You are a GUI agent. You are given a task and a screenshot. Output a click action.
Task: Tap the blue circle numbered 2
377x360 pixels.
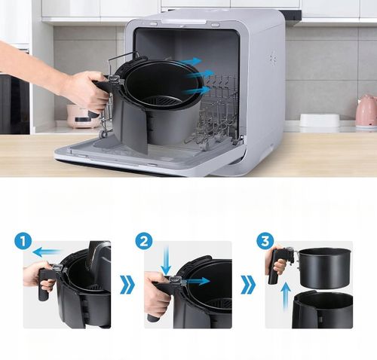(x=145, y=243)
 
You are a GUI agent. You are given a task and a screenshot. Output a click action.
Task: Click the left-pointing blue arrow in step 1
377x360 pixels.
(x=50, y=252)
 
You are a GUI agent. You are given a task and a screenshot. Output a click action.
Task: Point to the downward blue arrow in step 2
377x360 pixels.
(x=166, y=265)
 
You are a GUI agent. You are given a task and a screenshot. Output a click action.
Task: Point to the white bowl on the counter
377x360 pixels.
(x=319, y=121)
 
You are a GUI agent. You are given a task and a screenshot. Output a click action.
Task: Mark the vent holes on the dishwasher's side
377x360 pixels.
(x=272, y=57)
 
